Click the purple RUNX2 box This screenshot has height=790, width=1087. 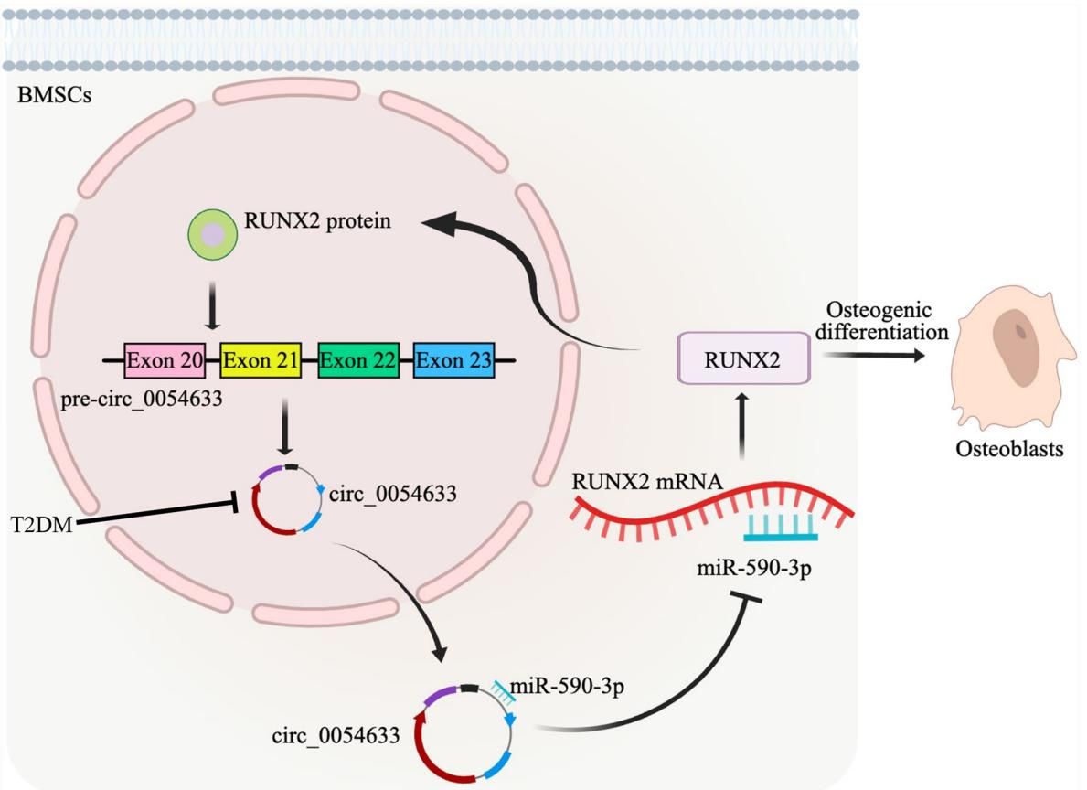point(742,359)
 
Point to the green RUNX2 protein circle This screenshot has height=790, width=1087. point(212,237)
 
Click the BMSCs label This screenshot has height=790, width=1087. point(54,96)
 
